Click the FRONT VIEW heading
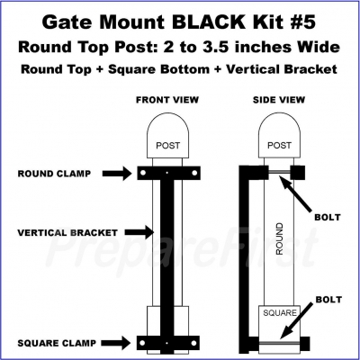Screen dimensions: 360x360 click(x=167, y=100)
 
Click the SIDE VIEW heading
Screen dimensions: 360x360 click(x=279, y=100)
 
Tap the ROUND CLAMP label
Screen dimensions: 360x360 click(x=54, y=174)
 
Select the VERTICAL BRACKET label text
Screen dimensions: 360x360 click(x=67, y=233)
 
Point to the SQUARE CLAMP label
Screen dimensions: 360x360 click(x=57, y=343)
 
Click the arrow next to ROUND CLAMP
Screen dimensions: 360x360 click(x=117, y=174)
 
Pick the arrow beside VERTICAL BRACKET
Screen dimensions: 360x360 click(x=139, y=232)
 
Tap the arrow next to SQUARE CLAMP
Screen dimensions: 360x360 click(x=116, y=343)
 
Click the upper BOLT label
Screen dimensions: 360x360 click(x=328, y=217)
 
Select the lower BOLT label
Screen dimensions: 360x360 click(x=328, y=300)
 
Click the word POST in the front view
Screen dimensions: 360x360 click(x=168, y=146)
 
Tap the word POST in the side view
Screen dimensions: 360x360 click(x=279, y=146)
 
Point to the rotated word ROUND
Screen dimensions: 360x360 click(x=279, y=238)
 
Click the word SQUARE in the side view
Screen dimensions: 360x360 click(x=280, y=313)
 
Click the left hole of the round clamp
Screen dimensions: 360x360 click(x=143, y=173)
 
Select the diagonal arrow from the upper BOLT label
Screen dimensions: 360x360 click(x=295, y=193)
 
